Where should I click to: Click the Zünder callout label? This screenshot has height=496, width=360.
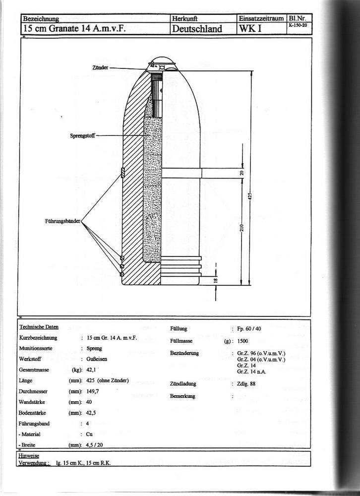100,67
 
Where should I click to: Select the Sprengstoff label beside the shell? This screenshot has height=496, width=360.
82,136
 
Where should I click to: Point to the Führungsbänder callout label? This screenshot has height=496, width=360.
62,221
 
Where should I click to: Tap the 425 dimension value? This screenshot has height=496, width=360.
250,196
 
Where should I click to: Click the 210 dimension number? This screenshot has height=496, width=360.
241,228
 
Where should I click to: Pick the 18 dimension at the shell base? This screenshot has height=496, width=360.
216,280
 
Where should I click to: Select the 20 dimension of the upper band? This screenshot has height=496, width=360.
241,173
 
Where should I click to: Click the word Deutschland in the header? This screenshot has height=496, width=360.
197,29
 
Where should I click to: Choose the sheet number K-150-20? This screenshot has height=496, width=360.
298,25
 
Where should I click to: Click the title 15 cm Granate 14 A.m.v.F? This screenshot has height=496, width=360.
74,29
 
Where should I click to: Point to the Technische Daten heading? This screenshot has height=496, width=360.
39,327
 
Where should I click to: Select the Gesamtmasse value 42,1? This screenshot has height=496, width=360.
91,370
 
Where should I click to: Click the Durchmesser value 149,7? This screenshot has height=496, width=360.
93,391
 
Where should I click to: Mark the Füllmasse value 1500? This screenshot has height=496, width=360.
242,341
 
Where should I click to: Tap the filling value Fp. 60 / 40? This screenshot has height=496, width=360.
249,329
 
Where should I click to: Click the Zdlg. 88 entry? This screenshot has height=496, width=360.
246,384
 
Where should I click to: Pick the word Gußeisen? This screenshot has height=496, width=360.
97,359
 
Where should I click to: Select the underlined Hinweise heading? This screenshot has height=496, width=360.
28,456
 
